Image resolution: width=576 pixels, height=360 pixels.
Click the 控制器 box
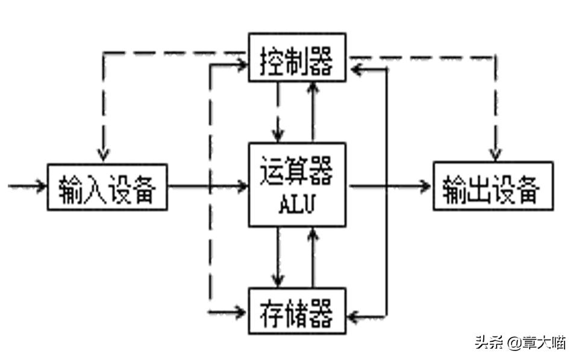coord(297,57)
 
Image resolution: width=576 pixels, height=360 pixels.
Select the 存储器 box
coord(297,311)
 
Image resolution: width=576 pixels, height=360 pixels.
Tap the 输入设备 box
coord(107,187)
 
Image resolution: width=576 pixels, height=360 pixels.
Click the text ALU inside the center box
coord(297,205)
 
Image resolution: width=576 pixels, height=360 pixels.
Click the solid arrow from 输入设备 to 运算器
coord(208,187)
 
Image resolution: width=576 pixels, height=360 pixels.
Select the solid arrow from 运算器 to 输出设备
coord(389,187)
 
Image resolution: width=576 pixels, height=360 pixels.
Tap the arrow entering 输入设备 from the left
coord(27,186)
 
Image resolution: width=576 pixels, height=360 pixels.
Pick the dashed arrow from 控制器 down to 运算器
coord(278,111)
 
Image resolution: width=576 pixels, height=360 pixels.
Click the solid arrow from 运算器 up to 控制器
coord(313,111)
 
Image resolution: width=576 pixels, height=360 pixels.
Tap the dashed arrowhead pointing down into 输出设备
coord(495,154)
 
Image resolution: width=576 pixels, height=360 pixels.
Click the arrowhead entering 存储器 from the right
coord(355,315)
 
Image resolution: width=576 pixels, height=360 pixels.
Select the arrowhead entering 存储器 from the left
coord(241,312)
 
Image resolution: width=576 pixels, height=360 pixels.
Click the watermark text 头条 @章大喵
coord(520,343)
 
